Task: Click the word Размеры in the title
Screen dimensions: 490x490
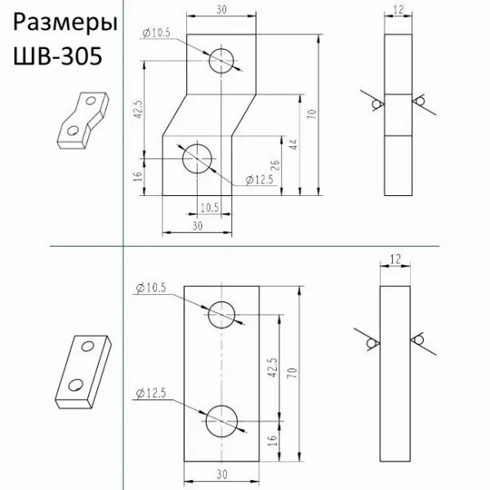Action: click(59, 24)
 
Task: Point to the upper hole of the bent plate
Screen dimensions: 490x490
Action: click(221, 60)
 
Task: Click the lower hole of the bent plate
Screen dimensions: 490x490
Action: click(198, 157)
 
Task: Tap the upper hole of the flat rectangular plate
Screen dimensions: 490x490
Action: click(222, 314)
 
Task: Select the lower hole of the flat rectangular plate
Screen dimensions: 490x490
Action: click(222, 422)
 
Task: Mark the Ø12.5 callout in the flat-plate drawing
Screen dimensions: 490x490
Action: click(149, 394)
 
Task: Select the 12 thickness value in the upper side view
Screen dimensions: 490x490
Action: click(399, 10)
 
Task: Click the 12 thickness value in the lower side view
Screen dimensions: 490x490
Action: click(396, 258)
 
